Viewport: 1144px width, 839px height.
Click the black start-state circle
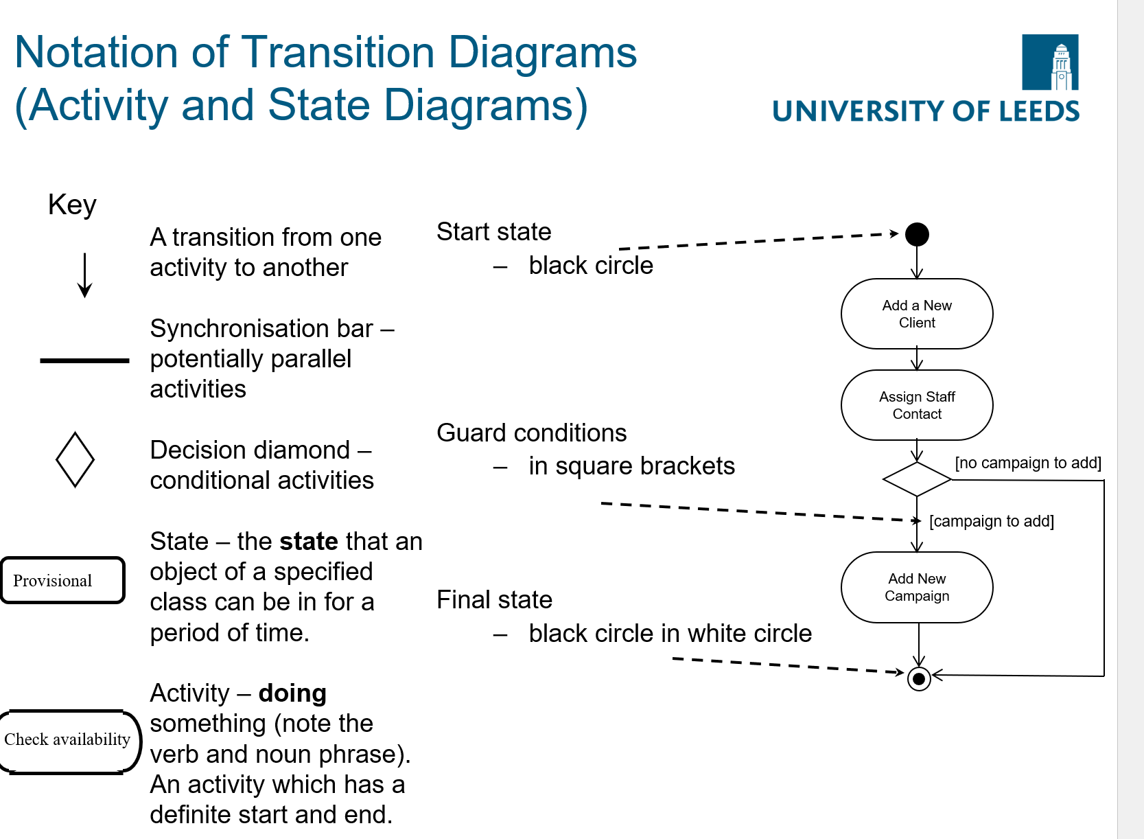[917, 235]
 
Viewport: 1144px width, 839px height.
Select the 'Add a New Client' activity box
[917, 314]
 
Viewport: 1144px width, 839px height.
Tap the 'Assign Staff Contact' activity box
[917, 405]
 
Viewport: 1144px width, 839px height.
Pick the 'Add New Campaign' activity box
[917, 588]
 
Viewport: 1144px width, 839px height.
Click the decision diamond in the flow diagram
[917, 479]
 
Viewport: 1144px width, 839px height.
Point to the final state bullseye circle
[919, 679]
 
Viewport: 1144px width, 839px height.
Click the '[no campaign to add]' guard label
[1028, 463]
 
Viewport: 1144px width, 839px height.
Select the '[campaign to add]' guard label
[992, 521]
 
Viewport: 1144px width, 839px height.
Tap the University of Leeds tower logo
[1050, 62]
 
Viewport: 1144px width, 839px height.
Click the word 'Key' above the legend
[72, 205]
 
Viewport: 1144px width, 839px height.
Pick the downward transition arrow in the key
[85, 275]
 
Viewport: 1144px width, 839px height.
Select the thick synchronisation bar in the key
[84, 360]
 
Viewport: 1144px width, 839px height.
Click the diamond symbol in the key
[75, 460]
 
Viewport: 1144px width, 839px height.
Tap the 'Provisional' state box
[62, 581]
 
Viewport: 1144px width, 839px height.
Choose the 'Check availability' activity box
[69, 740]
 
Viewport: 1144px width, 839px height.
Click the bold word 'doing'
[292, 693]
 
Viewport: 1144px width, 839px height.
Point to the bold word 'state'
[308, 542]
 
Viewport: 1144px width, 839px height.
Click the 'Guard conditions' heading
[532, 433]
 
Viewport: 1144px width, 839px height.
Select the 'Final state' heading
[495, 600]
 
